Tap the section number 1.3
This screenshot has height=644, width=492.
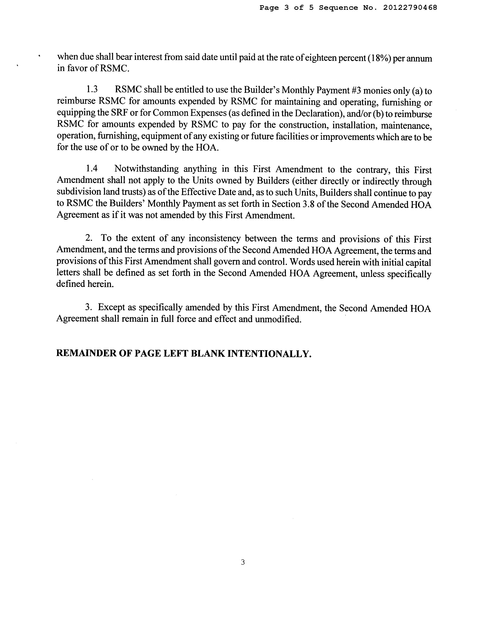click(x=92, y=90)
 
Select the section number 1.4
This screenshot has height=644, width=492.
click(x=92, y=169)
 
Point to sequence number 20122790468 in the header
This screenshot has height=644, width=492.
click(x=410, y=8)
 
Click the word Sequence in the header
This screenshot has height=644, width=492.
click(x=338, y=8)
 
